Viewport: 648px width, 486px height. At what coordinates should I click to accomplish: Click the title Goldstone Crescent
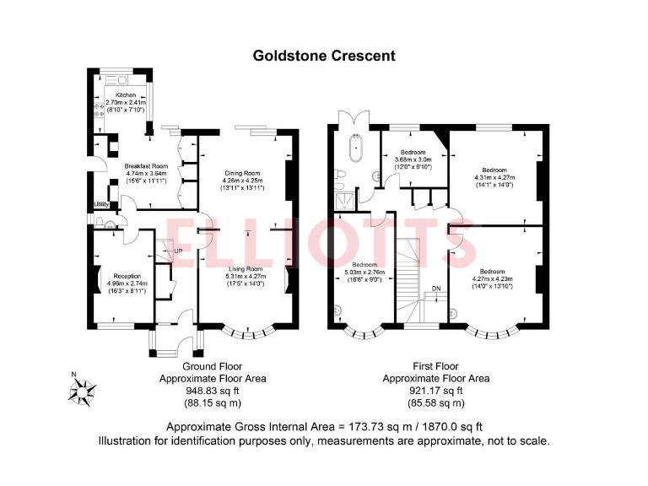324,56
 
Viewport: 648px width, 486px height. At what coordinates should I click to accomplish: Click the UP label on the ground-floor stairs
178,251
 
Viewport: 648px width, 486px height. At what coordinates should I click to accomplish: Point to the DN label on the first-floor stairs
435,289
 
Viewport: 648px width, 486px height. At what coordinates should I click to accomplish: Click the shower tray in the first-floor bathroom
344,200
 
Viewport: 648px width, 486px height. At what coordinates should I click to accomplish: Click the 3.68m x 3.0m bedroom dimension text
408,159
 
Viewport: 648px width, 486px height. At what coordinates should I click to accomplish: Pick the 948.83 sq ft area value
213,391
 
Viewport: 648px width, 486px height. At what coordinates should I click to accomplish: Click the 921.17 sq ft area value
435,391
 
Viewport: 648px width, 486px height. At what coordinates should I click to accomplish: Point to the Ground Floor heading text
213,366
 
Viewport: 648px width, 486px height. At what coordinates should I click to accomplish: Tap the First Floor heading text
435,366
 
